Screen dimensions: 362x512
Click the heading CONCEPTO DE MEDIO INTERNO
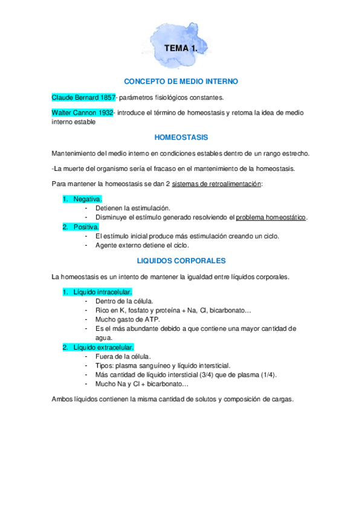pos(181,81)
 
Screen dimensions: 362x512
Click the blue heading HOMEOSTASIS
pos(181,137)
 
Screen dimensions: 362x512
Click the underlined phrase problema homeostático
pos(271,217)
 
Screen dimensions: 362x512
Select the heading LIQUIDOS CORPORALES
pos(181,261)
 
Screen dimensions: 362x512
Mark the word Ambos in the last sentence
pos(63,399)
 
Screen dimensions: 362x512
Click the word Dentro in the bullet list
pos(106,301)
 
